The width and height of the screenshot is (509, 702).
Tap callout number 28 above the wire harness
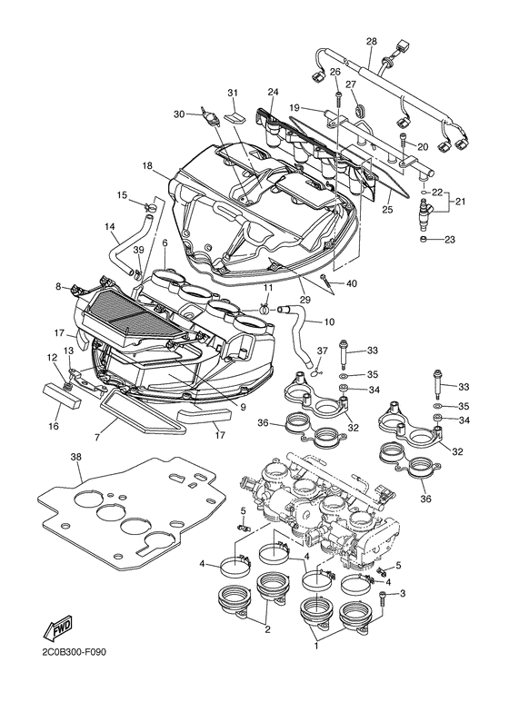(371, 42)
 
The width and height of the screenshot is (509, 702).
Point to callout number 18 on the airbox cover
(146, 165)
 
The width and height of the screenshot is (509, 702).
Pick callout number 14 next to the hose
(110, 226)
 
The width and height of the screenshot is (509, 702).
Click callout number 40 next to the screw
(352, 283)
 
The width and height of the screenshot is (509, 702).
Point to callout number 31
(232, 94)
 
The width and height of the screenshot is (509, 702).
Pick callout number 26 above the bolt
(335, 72)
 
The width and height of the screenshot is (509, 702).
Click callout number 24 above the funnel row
(272, 92)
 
